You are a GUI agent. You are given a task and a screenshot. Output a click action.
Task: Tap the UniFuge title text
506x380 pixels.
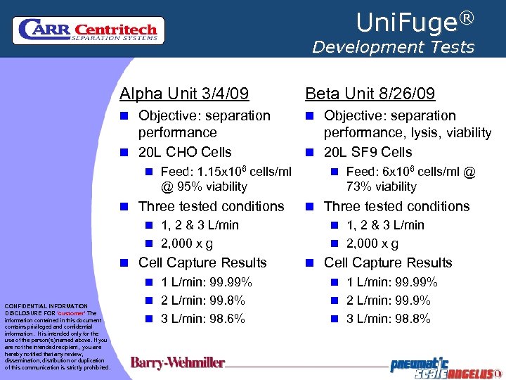pos(407,23)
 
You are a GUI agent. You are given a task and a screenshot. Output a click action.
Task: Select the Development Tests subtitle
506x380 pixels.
pos(393,47)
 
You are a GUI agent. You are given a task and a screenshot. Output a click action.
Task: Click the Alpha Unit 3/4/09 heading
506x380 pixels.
pos(184,94)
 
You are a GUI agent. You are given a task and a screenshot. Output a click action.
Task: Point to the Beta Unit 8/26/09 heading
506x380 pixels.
pos(370,94)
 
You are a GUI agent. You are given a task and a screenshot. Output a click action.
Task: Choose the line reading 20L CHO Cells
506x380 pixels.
pos(185,152)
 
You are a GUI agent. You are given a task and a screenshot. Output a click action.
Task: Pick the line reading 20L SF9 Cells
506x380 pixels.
pos(368,152)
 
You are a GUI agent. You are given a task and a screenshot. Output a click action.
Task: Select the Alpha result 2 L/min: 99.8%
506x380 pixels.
pos(203,300)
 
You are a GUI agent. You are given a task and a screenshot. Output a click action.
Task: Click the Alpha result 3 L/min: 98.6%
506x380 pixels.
pos(203,319)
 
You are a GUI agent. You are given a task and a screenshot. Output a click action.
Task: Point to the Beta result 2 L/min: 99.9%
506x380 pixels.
pos(389,300)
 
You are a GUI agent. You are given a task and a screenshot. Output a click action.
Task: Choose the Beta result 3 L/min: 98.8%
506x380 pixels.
pos(389,319)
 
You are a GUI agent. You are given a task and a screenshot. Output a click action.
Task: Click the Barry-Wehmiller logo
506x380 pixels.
pos(178,363)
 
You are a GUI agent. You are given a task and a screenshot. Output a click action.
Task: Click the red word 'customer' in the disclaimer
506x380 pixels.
pos(70,313)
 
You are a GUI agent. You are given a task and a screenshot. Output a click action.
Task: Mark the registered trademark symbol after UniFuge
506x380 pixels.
pos(467,16)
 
